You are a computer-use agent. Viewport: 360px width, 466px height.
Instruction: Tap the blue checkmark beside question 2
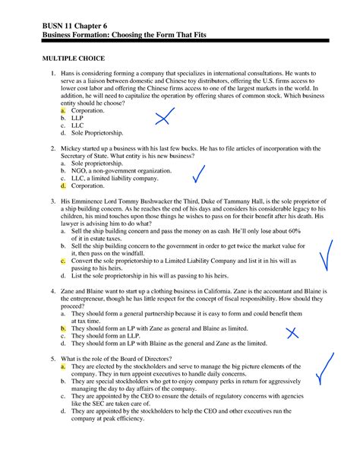pos(201,174)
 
